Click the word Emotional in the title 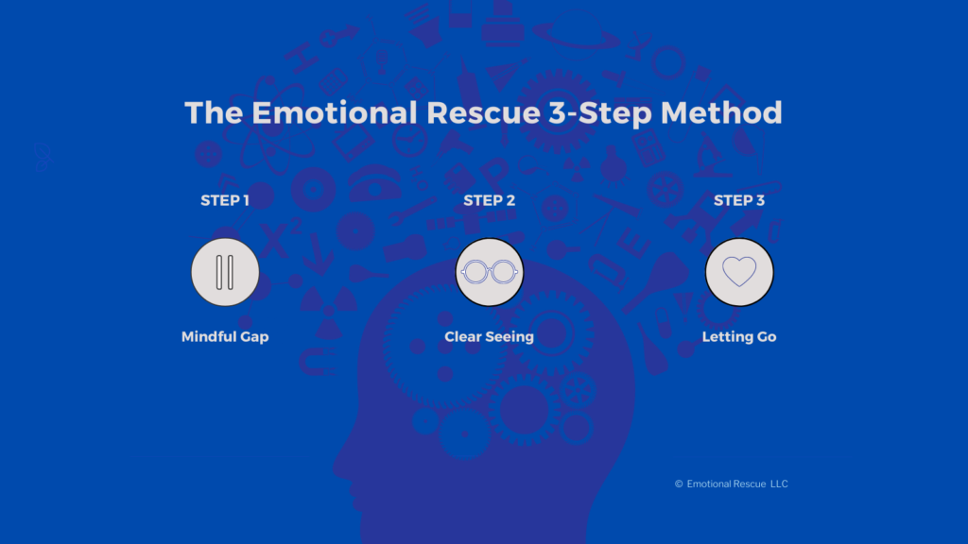click(x=309, y=112)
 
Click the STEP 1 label click(x=225, y=200)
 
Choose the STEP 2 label click(x=489, y=200)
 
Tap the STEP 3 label click(x=739, y=200)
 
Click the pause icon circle click(x=225, y=272)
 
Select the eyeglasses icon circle click(x=489, y=272)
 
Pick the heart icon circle click(x=739, y=272)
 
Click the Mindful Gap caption click(x=225, y=337)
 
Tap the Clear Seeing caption click(x=489, y=337)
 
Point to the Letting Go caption click(x=739, y=337)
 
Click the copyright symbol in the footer click(x=679, y=484)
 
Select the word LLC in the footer click(x=779, y=484)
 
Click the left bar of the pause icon click(x=218, y=272)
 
